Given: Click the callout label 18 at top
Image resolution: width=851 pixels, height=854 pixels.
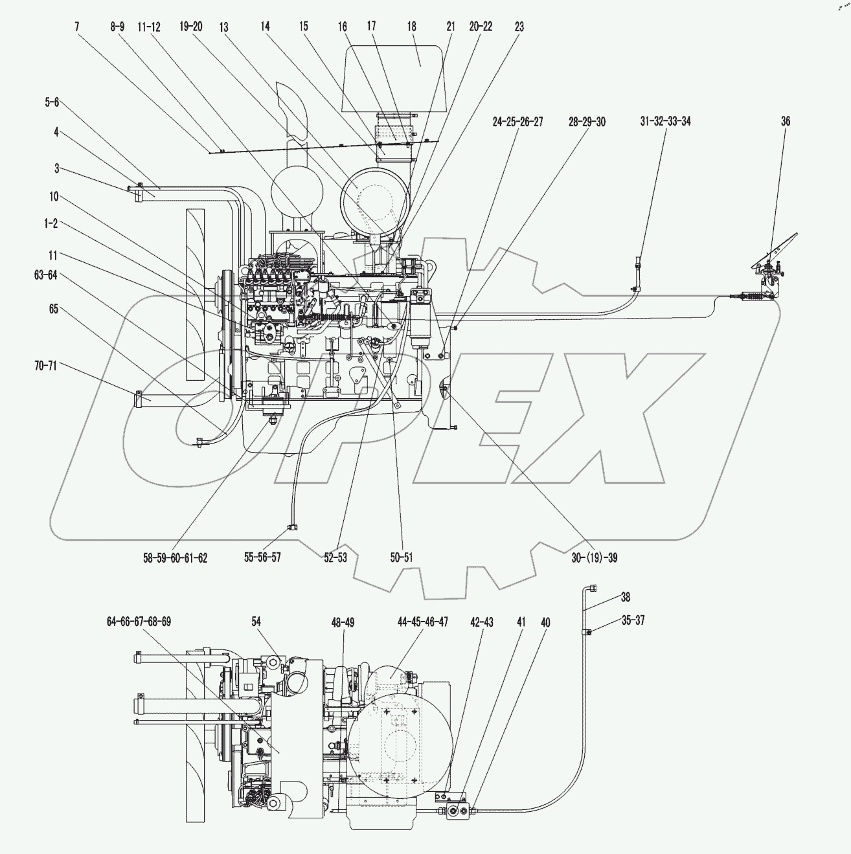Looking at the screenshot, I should click(412, 27).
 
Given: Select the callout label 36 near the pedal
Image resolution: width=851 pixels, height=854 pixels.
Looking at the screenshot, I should click(786, 121).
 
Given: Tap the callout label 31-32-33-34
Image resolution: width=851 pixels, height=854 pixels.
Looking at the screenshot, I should click(665, 121).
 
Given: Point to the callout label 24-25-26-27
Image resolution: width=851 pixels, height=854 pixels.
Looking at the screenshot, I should click(517, 121).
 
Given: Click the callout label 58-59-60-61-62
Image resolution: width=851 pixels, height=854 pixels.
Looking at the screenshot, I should click(176, 557).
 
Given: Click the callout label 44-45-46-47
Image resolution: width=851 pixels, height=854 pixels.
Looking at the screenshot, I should click(423, 622).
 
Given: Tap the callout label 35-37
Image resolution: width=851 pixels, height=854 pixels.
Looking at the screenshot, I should click(632, 620).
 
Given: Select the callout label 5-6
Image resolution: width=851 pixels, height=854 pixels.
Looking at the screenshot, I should click(52, 102).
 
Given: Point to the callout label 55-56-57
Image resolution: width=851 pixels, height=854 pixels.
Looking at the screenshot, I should click(262, 557).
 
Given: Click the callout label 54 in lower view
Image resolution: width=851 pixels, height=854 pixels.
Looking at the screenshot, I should click(256, 622).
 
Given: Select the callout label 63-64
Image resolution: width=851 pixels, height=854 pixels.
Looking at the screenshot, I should click(45, 275).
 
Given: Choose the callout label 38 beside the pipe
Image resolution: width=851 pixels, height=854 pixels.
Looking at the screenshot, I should click(625, 596).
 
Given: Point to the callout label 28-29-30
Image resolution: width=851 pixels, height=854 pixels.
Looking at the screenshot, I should click(587, 121).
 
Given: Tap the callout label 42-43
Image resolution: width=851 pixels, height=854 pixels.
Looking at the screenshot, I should click(482, 622).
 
